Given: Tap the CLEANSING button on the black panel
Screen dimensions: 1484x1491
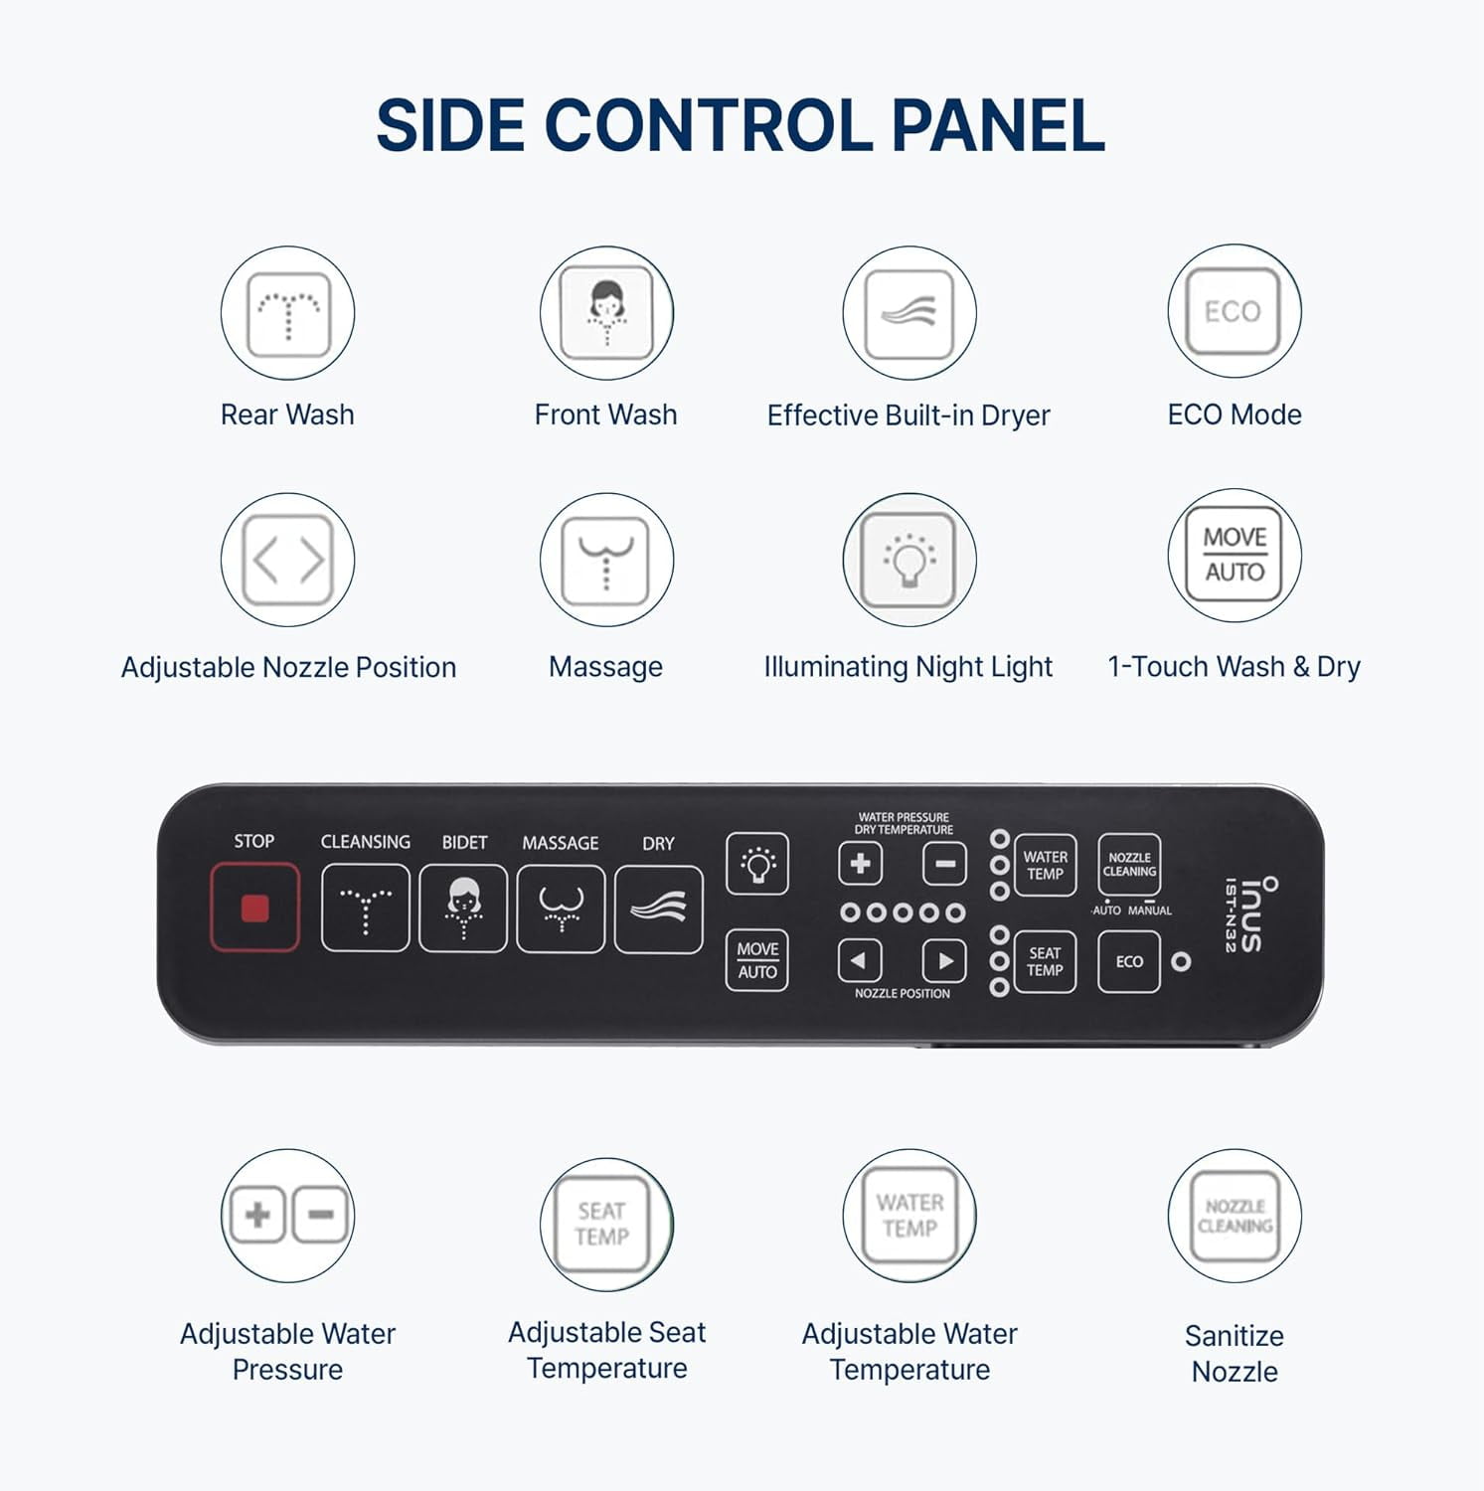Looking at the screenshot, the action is pos(365,909).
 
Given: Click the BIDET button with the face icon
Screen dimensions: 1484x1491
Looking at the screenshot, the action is pos(463,909).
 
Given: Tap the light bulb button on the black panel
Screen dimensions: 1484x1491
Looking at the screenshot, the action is pos(757,863).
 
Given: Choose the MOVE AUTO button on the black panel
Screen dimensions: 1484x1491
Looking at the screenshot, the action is pos(757,960).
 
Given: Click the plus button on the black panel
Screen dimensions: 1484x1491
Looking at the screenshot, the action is pos(861,863).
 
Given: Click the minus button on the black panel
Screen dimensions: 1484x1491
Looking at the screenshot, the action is pos(945,863).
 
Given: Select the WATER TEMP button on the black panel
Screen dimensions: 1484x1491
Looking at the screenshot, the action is pos(1045,865).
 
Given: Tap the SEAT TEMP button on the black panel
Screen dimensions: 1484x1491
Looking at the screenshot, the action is pos(1045,961).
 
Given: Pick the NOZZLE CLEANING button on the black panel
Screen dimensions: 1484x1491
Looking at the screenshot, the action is pos(1129,865).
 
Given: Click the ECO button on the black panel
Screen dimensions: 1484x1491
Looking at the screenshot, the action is pos(1129,961).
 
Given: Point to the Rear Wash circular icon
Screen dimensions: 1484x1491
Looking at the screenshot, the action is pos(287,313).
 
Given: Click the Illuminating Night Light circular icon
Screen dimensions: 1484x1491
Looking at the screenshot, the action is pos(909,560).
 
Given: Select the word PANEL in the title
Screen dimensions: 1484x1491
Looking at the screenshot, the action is pos(998,126).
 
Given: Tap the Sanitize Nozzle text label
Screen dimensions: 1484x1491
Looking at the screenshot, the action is pos(1235,1353).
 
